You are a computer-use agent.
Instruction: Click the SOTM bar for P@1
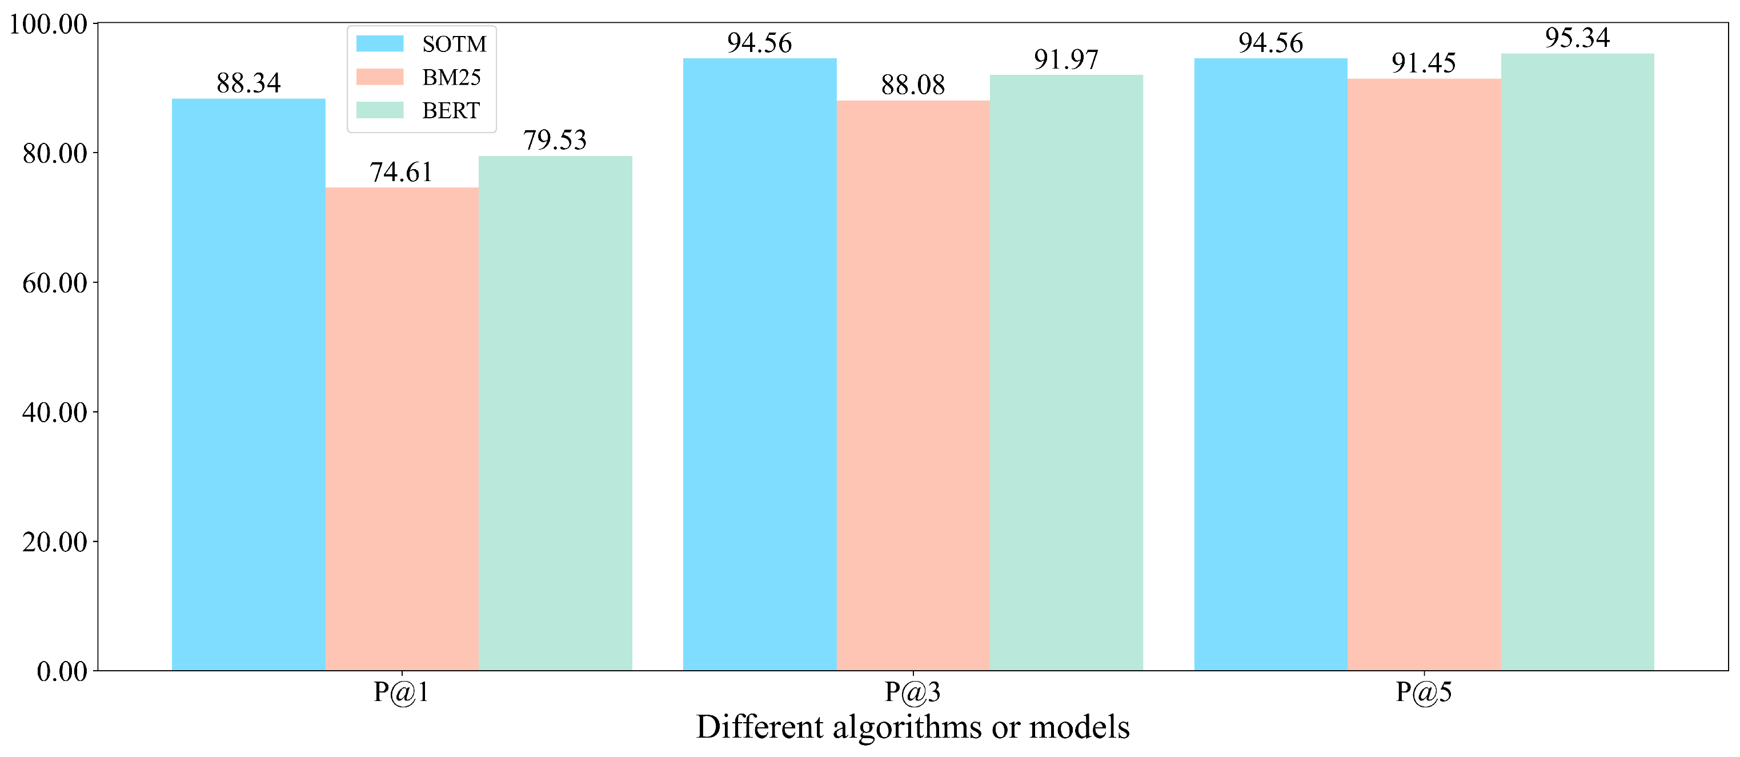point(248,385)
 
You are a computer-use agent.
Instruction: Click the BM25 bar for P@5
point(1424,375)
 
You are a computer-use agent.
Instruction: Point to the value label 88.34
point(248,83)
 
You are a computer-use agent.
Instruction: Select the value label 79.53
point(555,141)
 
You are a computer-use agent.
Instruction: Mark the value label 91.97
point(1066,59)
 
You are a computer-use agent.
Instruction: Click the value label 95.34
point(1577,38)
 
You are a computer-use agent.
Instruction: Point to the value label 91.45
point(1423,63)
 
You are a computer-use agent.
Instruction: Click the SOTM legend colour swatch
point(380,44)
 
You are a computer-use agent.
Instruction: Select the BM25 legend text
point(451,78)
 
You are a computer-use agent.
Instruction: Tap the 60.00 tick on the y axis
point(55,283)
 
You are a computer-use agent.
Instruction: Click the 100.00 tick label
point(48,25)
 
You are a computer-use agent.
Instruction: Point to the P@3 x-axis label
point(912,692)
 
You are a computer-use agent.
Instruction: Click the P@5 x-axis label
point(1424,692)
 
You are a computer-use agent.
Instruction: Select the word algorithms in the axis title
point(908,728)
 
